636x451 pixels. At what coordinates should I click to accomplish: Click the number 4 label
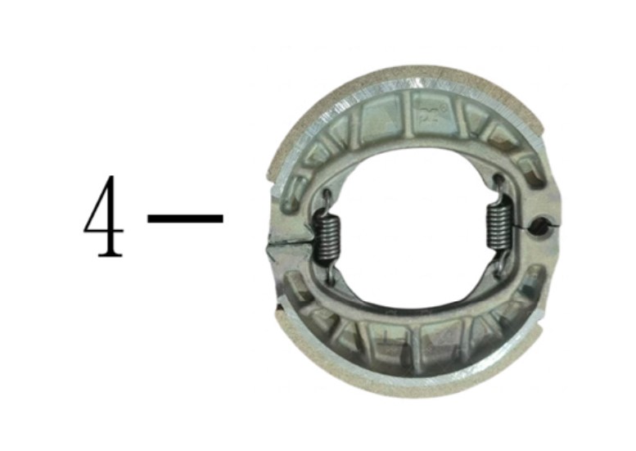tap(103, 216)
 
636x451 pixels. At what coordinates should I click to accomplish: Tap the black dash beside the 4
tap(185, 219)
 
